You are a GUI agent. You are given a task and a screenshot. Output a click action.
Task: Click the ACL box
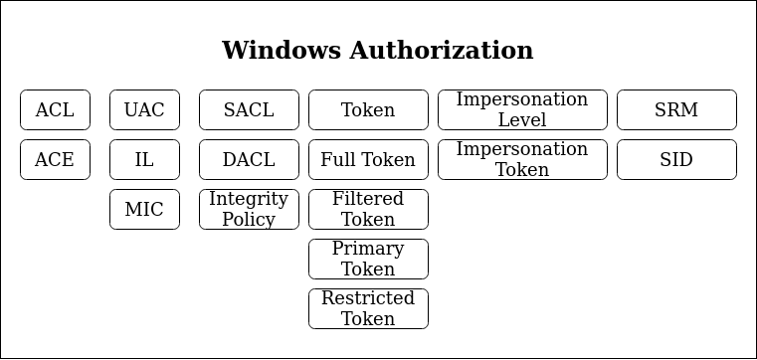[x=55, y=110]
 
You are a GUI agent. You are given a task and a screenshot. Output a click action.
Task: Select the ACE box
[x=55, y=160]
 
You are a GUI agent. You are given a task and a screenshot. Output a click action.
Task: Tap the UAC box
[x=144, y=110]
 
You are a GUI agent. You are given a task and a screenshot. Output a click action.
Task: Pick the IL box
[x=144, y=160]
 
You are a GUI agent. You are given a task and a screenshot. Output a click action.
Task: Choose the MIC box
[x=144, y=210]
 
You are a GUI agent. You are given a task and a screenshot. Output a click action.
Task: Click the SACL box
[x=249, y=110]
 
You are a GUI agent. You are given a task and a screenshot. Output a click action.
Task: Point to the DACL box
[x=249, y=160]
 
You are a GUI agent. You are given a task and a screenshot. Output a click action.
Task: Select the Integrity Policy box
[x=249, y=210]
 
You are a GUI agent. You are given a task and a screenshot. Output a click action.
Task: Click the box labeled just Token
[x=368, y=110]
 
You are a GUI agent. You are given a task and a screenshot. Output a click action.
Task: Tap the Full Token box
[x=368, y=160]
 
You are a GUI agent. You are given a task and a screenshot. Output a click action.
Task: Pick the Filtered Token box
[x=368, y=210]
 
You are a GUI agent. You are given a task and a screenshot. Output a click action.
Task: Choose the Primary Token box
[x=368, y=260]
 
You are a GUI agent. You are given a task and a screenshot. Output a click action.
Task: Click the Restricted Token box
[x=368, y=309]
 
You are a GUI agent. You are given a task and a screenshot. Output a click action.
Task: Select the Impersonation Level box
[x=522, y=110]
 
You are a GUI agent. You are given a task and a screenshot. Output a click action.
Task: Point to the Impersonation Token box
[x=522, y=160]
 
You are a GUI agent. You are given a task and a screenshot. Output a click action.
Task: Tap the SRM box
[x=676, y=110]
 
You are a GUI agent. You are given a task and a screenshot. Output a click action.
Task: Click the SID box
[x=676, y=160]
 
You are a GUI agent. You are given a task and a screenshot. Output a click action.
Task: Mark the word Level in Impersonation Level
[x=522, y=120]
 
